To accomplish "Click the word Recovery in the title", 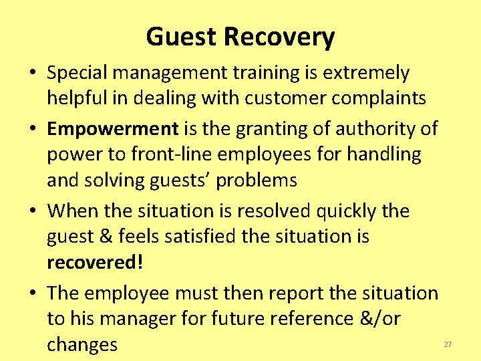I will click(x=281, y=37).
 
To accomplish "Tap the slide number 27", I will click(x=448, y=344).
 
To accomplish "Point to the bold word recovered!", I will click(x=95, y=262).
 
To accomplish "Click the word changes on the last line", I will click(x=82, y=345).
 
